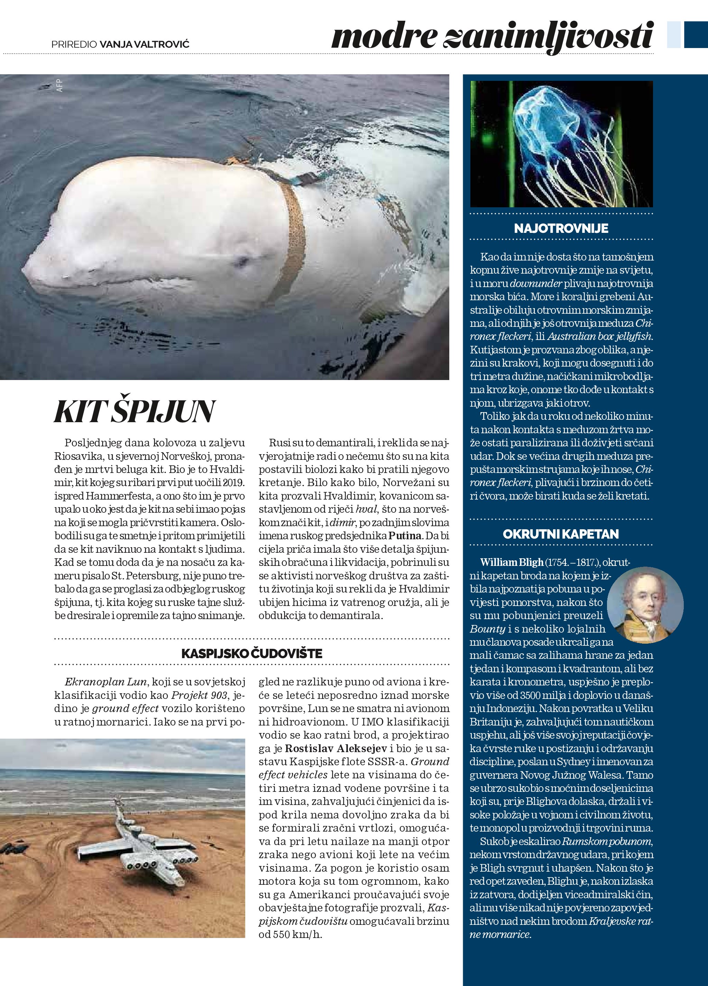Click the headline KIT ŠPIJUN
(x=135, y=412)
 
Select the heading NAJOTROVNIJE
(x=561, y=229)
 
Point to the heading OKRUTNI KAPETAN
(x=561, y=534)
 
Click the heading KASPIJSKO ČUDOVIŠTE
(x=251, y=653)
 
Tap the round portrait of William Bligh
(x=645, y=605)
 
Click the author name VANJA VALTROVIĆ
(x=145, y=44)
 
